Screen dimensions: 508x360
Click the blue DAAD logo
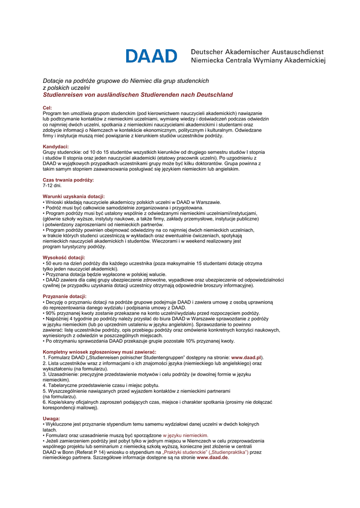click(151, 56)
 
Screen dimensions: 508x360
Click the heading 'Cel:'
click(47, 108)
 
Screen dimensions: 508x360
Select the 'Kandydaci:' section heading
click(56, 147)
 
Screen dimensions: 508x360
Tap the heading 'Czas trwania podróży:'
click(68, 180)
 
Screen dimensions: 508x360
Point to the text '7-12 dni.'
click(52, 186)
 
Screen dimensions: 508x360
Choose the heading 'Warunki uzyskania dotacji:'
click(73, 196)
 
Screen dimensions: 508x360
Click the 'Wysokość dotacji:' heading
click(64, 257)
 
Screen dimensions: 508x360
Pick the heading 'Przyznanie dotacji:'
click(65, 296)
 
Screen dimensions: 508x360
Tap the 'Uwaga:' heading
click(51, 419)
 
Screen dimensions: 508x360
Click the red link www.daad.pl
click(246, 358)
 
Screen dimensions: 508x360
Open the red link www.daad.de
click(213, 457)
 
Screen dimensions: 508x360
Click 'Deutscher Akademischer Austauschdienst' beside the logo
click(257, 52)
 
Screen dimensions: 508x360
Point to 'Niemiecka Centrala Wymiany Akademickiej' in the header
click(258, 61)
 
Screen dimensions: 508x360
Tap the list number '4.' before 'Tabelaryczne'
click(45, 385)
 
